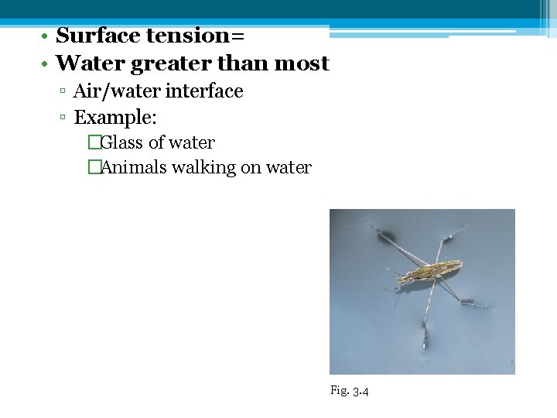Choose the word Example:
coord(114,118)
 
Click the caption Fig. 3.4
coord(349,391)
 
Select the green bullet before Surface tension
coord(46,36)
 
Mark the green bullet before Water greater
coord(46,64)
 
